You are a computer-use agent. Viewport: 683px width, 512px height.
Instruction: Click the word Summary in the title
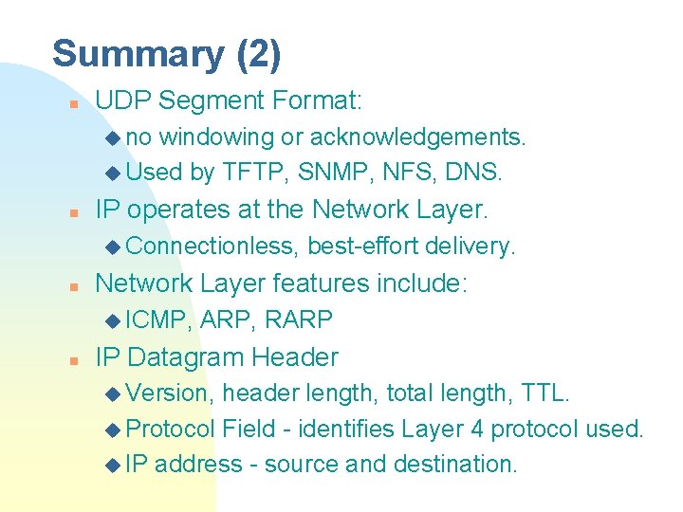(x=136, y=54)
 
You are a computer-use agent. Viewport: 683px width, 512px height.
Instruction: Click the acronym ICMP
(x=157, y=320)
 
